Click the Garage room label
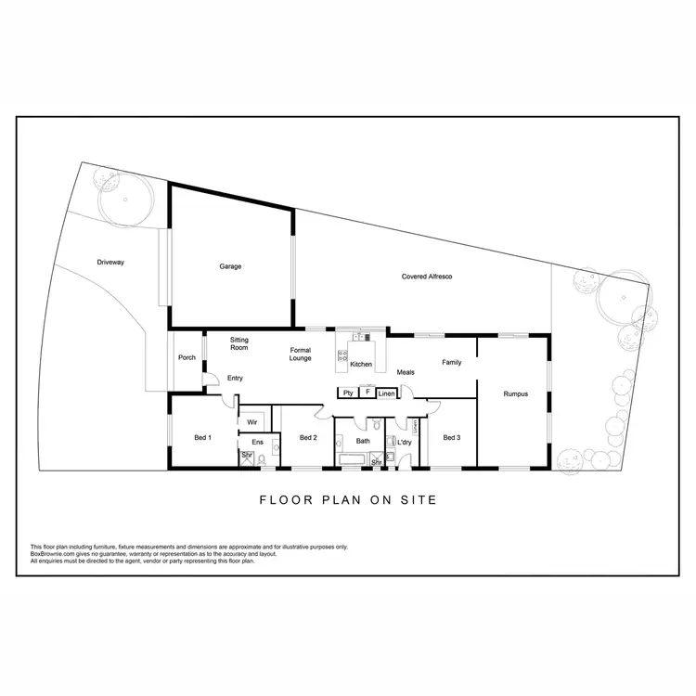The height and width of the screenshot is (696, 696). pyautogui.click(x=230, y=266)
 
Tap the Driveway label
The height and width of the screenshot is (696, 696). pyautogui.click(x=110, y=263)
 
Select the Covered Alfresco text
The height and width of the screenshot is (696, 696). pyautogui.click(x=427, y=277)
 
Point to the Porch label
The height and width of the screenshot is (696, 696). pyautogui.click(x=187, y=357)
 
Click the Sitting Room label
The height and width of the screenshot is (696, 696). pyautogui.click(x=239, y=344)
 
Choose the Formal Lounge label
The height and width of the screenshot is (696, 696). pyautogui.click(x=300, y=354)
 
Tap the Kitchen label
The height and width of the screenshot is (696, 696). pyautogui.click(x=361, y=364)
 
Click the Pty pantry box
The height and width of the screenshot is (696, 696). pyautogui.click(x=347, y=393)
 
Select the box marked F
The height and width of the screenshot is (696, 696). pyautogui.click(x=367, y=393)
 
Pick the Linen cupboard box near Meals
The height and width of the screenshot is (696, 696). pyautogui.click(x=388, y=393)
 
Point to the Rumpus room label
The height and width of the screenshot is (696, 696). pyautogui.click(x=516, y=393)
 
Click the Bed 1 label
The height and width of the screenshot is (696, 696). pyautogui.click(x=202, y=437)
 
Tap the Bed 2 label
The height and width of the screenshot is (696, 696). pyautogui.click(x=309, y=437)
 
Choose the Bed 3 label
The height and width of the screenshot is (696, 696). pyautogui.click(x=452, y=437)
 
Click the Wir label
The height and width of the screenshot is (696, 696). pyautogui.click(x=251, y=421)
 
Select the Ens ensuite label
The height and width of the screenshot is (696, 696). pyautogui.click(x=257, y=442)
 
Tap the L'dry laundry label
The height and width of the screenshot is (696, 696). pyautogui.click(x=404, y=442)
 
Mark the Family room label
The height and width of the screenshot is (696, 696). pyautogui.click(x=452, y=362)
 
